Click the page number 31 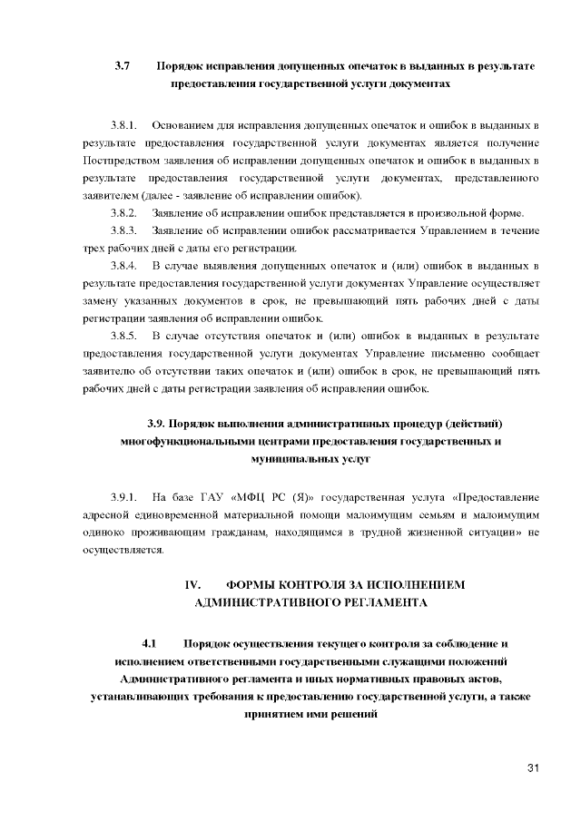pyautogui.click(x=533, y=769)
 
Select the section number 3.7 pyautogui.click(x=123, y=66)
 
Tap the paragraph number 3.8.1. pyautogui.click(x=123, y=123)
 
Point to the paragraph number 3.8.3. pyautogui.click(x=123, y=230)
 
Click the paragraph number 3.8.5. pyautogui.click(x=123, y=337)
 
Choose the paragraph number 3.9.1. pyautogui.click(x=123, y=497)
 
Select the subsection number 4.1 pyautogui.click(x=150, y=643)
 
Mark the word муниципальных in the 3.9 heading pyautogui.click(x=269, y=460)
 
